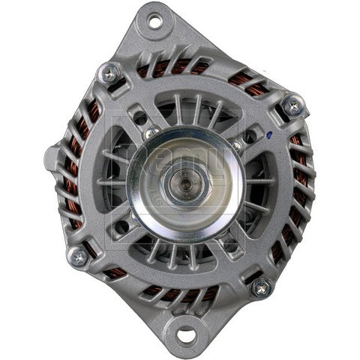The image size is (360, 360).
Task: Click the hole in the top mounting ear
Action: coord(155,22)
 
